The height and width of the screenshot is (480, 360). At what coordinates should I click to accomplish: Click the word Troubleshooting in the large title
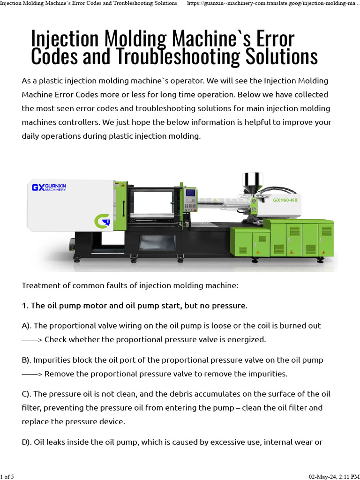(x=178, y=57)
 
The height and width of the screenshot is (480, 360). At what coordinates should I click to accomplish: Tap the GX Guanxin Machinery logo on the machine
(x=49, y=187)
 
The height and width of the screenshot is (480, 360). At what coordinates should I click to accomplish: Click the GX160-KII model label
(x=285, y=200)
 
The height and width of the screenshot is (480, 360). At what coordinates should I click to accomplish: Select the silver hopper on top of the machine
(x=253, y=182)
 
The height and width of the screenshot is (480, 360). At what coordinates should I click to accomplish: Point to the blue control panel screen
(x=191, y=194)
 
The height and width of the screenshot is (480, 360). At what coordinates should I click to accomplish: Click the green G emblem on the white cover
(x=102, y=221)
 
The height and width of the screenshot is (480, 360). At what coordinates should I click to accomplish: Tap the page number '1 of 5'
(x=7, y=477)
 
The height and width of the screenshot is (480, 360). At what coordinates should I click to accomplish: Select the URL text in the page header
(x=273, y=3)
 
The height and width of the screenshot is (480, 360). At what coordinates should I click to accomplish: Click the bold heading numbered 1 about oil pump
(x=135, y=306)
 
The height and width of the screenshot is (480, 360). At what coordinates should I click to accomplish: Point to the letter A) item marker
(x=27, y=326)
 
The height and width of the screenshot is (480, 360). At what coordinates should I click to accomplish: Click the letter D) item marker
(x=27, y=442)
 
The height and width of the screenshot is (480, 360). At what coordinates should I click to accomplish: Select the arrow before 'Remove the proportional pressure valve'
(x=32, y=374)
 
